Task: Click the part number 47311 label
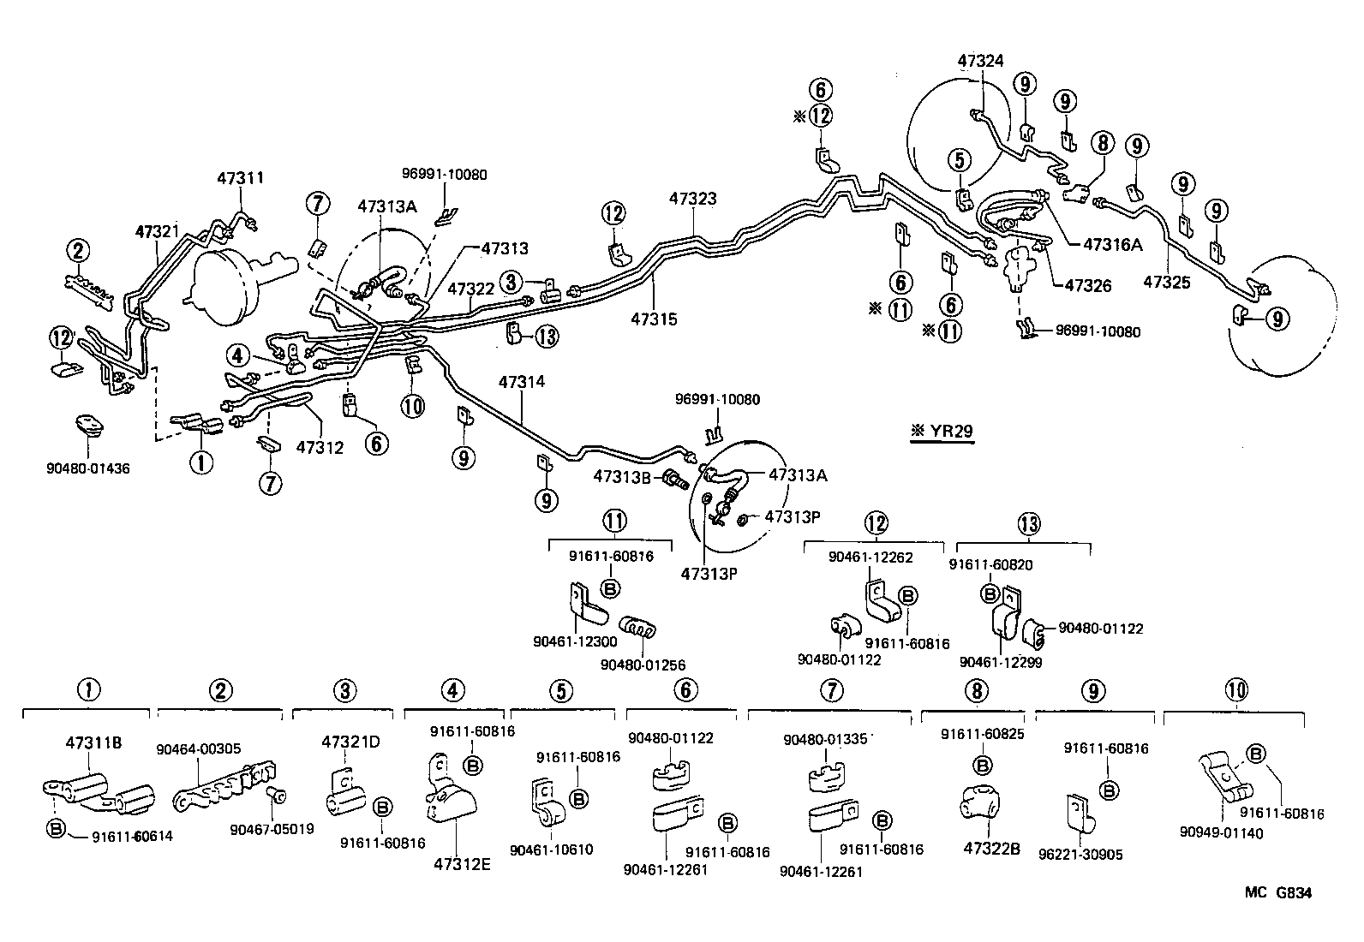pyautogui.click(x=240, y=178)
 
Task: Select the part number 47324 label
pyautogui.click(x=980, y=61)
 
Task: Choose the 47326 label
pyautogui.click(x=1087, y=285)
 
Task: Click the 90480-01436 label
pyautogui.click(x=89, y=468)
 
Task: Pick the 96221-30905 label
pyautogui.click(x=1080, y=854)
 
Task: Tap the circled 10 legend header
pyautogui.click(x=1236, y=689)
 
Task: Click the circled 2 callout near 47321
pyautogui.click(x=78, y=251)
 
